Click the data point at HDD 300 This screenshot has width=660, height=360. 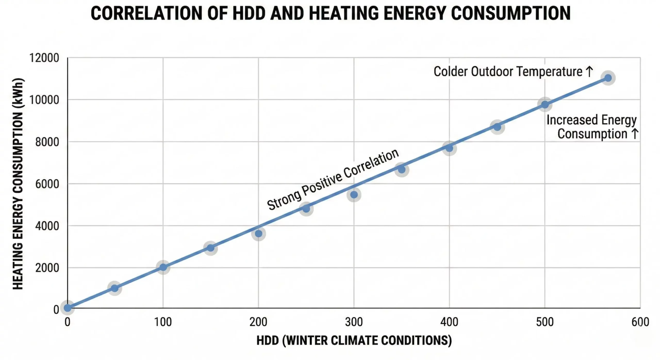pyautogui.click(x=354, y=195)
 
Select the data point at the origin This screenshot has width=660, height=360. pyautogui.click(x=68, y=308)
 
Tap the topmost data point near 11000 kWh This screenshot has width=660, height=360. pyautogui.click(x=608, y=78)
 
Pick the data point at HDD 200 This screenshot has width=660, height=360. pyautogui.click(x=259, y=234)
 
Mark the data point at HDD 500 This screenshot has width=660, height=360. pyautogui.click(x=545, y=104)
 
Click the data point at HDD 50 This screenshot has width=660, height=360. pyautogui.click(x=115, y=288)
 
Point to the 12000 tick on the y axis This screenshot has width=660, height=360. pyautogui.click(x=44, y=58)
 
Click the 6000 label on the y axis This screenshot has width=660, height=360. pyautogui.click(x=47, y=184)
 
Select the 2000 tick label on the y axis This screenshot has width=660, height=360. pyautogui.click(x=47, y=268)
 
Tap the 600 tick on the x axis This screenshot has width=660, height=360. pyautogui.click(x=640, y=322)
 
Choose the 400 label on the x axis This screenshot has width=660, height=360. pyautogui.click(x=449, y=322)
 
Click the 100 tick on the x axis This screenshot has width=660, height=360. pyautogui.click(x=163, y=322)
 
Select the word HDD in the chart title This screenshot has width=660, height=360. pyautogui.click(x=249, y=13)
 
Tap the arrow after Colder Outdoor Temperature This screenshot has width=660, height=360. pyautogui.click(x=589, y=71)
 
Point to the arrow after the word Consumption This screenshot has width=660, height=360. pyautogui.click(x=635, y=134)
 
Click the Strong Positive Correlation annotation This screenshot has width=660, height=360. pyautogui.click(x=333, y=180)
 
